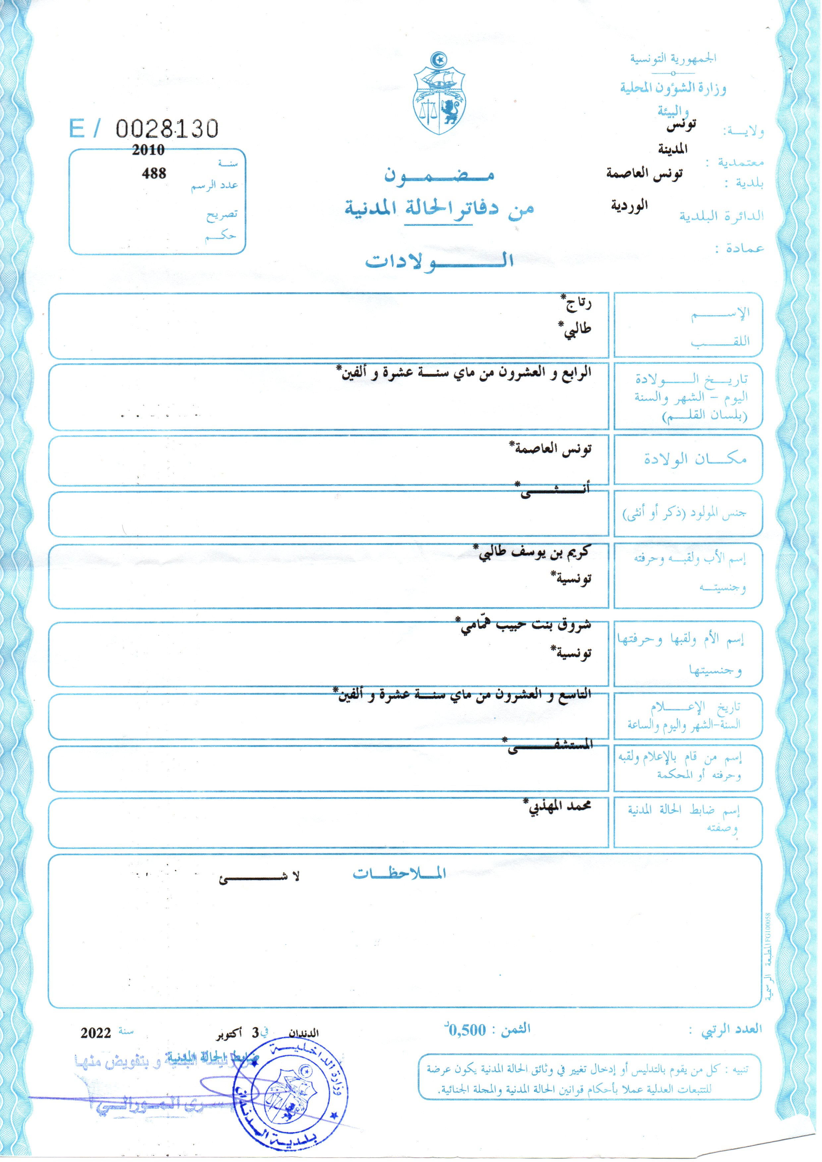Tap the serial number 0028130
click(x=167, y=129)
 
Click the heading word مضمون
click(x=438, y=175)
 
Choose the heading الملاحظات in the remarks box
click(x=399, y=873)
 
